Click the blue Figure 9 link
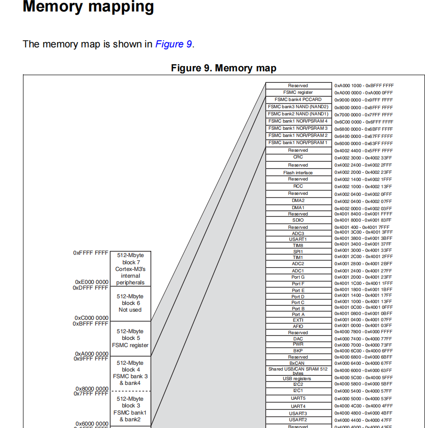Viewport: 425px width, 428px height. point(173,45)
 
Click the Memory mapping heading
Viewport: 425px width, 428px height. point(89,7)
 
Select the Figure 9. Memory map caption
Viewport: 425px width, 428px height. point(224,68)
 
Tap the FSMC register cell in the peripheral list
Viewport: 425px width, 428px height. point(298,92)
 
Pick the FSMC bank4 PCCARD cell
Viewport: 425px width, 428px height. point(298,100)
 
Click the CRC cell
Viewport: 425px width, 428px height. point(298,157)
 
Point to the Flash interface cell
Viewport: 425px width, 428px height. point(298,172)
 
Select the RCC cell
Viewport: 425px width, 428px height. point(298,186)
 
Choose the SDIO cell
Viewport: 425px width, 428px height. point(298,220)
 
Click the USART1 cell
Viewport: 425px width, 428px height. point(298,239)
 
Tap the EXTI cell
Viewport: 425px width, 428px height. point(298,320)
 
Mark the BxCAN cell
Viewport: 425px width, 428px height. point(298,363)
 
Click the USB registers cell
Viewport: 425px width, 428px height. point(298,379)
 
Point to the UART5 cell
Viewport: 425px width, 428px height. point(298,398)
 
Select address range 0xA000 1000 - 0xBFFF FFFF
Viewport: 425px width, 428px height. point(364,86)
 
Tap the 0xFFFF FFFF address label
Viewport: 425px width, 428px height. point(91,252)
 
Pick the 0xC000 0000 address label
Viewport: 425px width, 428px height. point(91,318)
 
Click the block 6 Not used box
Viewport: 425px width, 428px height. point(130,303)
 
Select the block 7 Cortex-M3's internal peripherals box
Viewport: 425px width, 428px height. point(130,269)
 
